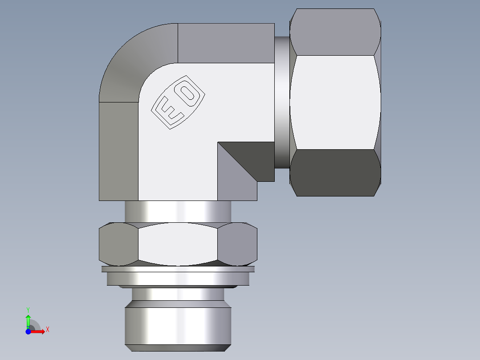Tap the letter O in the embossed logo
[189, 93]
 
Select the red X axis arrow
[38, 331]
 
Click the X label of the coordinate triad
[47, 330]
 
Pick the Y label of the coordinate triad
[28, 309]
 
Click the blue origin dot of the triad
[28, 331]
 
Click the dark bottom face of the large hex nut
[335, 172]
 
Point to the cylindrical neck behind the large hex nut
[281, 102]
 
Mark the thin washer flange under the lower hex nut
[178, 269]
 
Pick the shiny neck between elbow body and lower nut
[178, 212]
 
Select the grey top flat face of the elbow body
[225, 43]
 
